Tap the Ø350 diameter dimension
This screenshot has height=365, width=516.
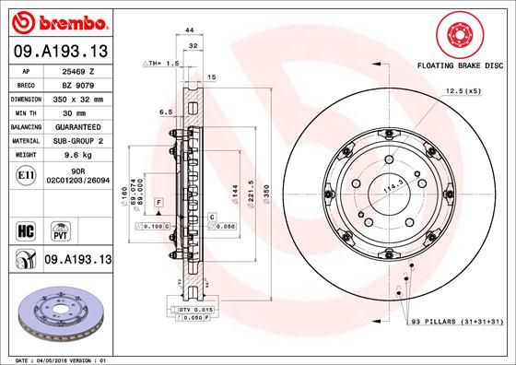click(265, 194)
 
